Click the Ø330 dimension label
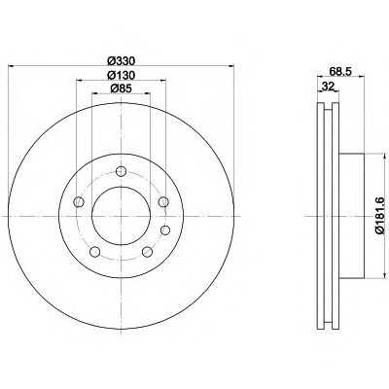(x=121, y=60)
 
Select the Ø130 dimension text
(x=121, y=75)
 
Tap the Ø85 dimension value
(x=121, y=88)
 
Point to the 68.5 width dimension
(x=340, y=71)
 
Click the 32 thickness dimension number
(x=328, y=87)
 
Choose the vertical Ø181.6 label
(x=379, y=215)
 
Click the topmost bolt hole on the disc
(x=121, y=171)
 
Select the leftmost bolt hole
(x=79, y=202)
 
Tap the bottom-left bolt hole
(x=94, y=251)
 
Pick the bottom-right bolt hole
(x=147, y=251)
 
